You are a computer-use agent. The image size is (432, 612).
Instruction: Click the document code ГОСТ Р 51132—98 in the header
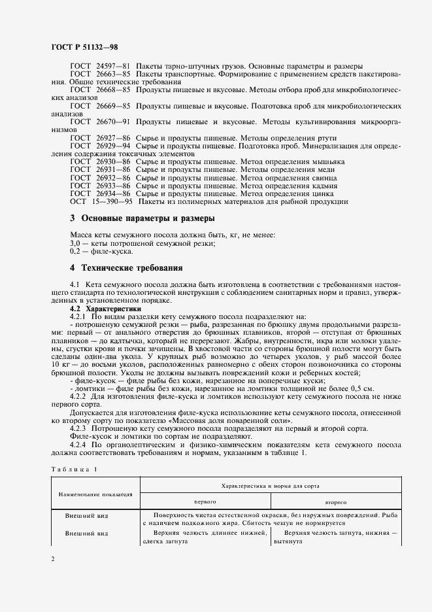point(84,46)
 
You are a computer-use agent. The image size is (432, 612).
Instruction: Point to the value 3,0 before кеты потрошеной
point(75,243)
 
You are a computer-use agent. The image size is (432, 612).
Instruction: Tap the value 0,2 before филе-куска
point(75,251)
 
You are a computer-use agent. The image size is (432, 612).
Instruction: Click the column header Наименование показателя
point(93,494)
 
